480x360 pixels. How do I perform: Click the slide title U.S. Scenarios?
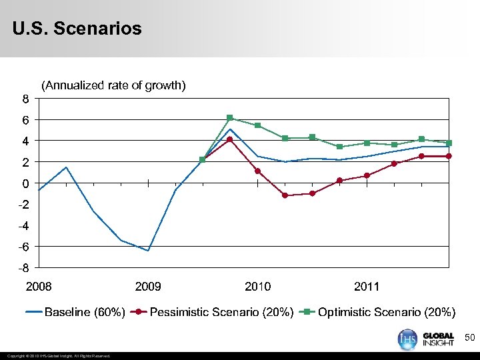(x=77, y=29)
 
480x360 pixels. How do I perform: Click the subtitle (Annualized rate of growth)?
(x=113, y=85)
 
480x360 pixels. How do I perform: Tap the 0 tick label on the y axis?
(x=25, y=183)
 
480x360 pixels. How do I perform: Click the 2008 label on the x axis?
(x=38, y=287)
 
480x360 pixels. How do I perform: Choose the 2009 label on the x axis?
(x=148, y=287)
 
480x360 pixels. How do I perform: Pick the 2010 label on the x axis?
(x=258, y=287)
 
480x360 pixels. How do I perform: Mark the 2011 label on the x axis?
(x=367, y=287)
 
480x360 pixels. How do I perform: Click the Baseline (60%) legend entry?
(x=75, y=312)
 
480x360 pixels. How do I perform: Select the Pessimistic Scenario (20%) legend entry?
(x=213, y=312)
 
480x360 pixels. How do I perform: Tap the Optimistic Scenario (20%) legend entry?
(x=379, y=312)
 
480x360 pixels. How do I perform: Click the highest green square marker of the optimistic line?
(x=229, y=118)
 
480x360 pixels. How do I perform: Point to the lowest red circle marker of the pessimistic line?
(x=285, y=195)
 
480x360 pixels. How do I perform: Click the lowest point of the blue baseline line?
(x=148, y=251)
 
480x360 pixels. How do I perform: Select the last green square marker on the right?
(x=449, y=143)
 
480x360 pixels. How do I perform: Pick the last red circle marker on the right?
(x=449, y=156)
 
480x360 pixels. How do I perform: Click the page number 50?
(x=469, y=339)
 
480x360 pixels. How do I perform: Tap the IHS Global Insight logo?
(x=426, y=339)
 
